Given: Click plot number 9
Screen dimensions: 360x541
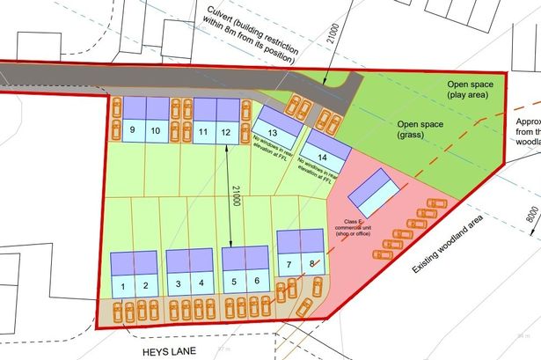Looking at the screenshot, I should [x=132, y=131].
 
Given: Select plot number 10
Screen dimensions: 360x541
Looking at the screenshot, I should [x=155, y=131].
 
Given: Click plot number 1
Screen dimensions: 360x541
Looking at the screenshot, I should [x=124, y=285].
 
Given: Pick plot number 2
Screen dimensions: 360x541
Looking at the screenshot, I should [x=147, y=285].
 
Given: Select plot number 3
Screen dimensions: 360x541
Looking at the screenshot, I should [x=179, y=283].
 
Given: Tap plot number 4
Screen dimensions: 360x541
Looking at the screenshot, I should [x=201, y=283].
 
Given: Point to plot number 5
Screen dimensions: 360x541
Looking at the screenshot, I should [x=234, y=282].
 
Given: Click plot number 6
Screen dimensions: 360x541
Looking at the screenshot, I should [x=257, y=282].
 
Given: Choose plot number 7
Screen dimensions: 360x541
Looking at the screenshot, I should [x=289, y=264].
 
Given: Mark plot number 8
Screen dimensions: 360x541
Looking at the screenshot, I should [x=311, y=264].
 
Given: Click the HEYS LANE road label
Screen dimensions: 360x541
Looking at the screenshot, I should [x=167, y=349].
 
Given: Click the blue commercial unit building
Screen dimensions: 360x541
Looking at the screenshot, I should [x=377, y=191].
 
